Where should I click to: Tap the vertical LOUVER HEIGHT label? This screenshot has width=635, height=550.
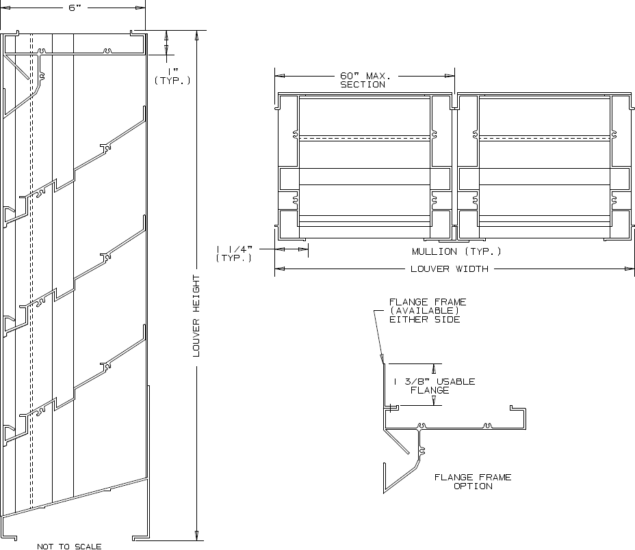point(197,316)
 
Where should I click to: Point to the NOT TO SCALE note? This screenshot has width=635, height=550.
point(69,545)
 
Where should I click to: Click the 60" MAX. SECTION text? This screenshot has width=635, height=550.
point(363,80)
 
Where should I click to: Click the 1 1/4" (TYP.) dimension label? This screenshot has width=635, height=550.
point(235,253)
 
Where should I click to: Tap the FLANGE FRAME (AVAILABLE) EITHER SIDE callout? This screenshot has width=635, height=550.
point(424,310)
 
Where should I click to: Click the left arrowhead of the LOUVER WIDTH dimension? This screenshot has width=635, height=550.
point(278,269)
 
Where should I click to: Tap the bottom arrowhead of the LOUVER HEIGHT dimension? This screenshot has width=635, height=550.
point(197,536)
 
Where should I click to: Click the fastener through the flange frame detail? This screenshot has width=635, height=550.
point(392,408)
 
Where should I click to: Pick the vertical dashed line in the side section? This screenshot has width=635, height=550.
point(31,273)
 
